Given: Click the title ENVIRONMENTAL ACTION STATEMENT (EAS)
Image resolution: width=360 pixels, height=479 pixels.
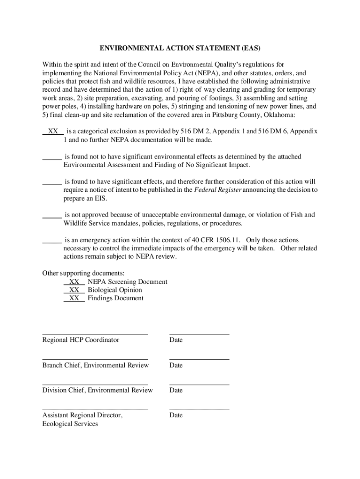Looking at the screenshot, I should click(180, 48).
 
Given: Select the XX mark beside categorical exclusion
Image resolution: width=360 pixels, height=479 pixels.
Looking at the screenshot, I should click(53, 132).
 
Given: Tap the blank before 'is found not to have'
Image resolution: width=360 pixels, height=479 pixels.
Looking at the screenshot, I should click(52, 157).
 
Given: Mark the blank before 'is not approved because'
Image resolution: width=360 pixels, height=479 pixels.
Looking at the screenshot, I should click(52, 215).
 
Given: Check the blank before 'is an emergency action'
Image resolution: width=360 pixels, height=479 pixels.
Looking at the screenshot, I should click(52, 240).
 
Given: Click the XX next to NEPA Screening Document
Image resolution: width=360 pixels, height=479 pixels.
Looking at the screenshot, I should click(74, 282).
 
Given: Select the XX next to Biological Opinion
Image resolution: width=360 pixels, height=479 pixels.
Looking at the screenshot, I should click(74, 290).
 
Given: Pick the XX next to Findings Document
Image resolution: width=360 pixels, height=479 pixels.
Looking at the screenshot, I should click(74, 298).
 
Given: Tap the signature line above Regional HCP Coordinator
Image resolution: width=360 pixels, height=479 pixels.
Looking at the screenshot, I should click(95, 334).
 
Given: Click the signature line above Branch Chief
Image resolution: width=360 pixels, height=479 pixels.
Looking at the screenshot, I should click(95, 359).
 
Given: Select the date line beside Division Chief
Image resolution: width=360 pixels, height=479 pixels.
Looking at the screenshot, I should click(199, 384).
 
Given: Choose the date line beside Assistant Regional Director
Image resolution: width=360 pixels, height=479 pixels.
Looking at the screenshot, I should click(199, 409).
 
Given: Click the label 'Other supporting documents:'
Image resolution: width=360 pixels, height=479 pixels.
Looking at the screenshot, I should click(83, 273).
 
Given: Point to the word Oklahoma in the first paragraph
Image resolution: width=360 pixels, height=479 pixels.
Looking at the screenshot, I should click(279, 115).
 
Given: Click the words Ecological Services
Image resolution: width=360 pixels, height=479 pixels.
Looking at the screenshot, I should click(70, 424).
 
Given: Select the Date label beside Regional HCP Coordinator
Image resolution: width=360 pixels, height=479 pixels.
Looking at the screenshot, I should click(176, 340).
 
